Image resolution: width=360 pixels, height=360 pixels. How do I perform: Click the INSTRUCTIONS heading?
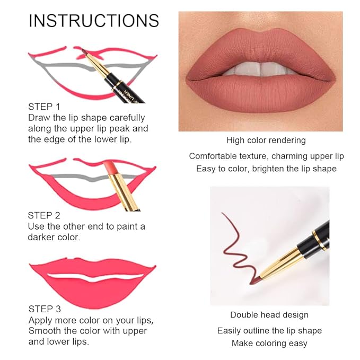[94, 21]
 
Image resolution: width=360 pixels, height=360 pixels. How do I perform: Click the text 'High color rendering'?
[266, 141]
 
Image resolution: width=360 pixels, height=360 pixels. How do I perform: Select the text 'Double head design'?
[269, 315]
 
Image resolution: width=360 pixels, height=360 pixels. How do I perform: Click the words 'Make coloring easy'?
[269, 343]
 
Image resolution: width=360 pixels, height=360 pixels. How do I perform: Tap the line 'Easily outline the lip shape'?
[269, 330]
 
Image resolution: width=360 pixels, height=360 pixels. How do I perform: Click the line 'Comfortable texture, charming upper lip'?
[266, 156]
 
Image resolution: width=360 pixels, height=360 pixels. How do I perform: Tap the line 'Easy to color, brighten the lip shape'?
[266, 169]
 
